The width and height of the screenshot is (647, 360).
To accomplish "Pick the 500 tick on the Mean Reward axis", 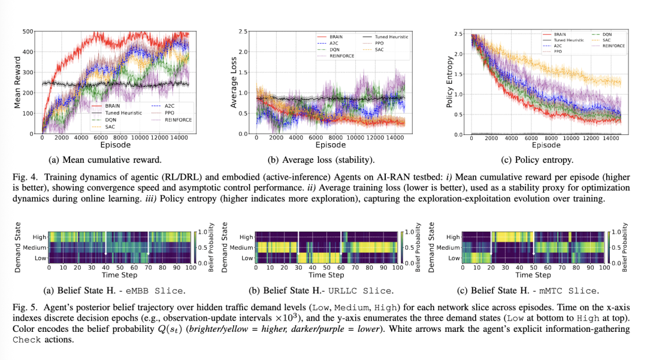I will click(28, 32).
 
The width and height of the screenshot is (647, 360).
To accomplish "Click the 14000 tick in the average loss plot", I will click(394, 137).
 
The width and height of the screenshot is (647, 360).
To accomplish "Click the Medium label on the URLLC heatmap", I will click(243, 247).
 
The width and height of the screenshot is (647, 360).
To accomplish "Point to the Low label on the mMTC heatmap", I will click(454, 258).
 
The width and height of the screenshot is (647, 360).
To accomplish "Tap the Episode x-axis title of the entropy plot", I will click(546, 145).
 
